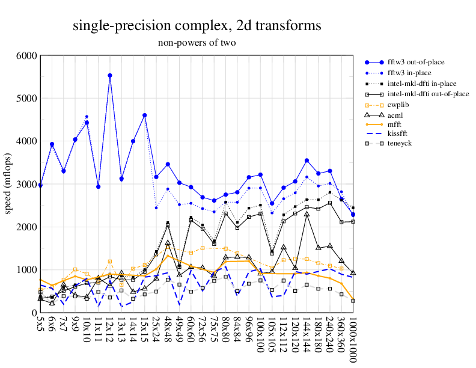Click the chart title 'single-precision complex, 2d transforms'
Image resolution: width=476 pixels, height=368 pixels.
coord(197,26)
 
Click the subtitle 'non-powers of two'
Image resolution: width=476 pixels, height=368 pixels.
coord(197,43)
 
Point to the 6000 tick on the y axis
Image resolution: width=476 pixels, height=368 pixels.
coord(26,55)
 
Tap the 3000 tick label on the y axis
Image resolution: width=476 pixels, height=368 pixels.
coord(26,184)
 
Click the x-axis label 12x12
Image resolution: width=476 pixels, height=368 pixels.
coord(110,331)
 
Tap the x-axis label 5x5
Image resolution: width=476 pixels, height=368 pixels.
coord(40,328)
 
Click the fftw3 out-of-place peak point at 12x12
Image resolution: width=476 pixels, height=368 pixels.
coord(110,75)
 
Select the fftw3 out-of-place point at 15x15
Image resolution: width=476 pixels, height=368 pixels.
coord(145,115)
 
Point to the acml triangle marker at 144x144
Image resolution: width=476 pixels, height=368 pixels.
coord(307,214)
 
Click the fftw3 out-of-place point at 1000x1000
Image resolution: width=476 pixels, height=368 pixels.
coord(353,215)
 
